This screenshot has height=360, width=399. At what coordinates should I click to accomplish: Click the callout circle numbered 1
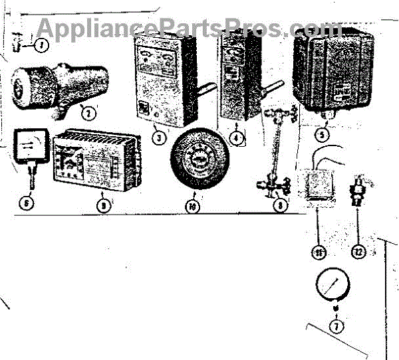click(x=41, y=46)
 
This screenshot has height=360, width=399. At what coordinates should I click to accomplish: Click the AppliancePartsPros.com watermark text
click(x=188, y=27)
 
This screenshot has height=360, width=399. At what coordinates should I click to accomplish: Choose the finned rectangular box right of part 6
click(x=98, y=161)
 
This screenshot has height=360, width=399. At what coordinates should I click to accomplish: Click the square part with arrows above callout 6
click(x=30, y=148)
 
